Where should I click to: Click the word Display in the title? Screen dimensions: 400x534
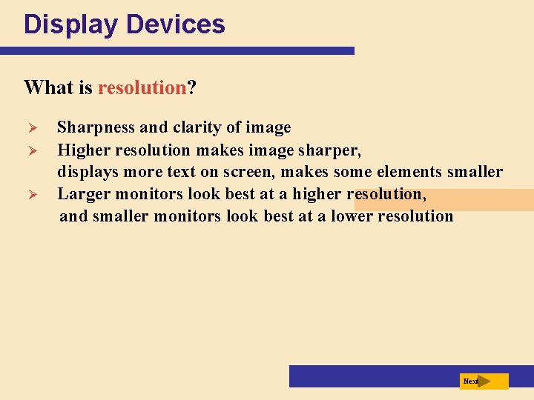(71, 25)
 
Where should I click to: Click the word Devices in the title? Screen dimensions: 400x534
(175, 25)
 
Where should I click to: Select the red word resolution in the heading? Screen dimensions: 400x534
(141, 87)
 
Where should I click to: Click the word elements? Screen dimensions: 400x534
(411, 172)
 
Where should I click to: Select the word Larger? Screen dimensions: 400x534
(82, 194)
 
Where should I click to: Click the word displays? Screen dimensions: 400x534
(87, 173)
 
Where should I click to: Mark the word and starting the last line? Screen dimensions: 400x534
(73, 216)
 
